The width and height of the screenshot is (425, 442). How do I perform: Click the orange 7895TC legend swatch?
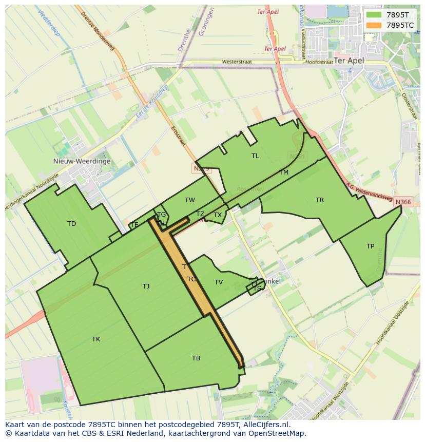point(374,25)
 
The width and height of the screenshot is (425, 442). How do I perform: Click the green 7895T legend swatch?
point(374,14)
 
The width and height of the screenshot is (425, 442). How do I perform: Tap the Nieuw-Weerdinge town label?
point(82,161)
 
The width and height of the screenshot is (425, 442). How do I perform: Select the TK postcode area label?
point(96,339)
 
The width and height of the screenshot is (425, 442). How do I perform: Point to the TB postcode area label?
point(196,358)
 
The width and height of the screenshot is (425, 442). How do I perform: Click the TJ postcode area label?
point(146,286)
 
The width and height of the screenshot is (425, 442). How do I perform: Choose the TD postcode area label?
point(71,223)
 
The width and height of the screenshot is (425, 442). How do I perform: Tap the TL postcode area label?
point(255,156)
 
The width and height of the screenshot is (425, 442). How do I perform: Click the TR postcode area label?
point(320,200)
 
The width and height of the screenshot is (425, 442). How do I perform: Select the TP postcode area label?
point(370,246)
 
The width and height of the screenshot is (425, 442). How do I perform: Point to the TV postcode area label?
point(219,282)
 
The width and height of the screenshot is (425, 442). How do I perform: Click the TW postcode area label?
point(190,200)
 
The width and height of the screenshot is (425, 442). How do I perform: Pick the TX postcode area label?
point(218,215)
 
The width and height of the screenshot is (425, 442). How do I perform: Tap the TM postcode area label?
point(284,172)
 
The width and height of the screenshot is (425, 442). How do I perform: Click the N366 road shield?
point(403,202)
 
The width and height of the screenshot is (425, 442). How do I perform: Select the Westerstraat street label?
point(237,62)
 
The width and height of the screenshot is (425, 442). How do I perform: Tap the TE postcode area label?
point(134,224)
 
